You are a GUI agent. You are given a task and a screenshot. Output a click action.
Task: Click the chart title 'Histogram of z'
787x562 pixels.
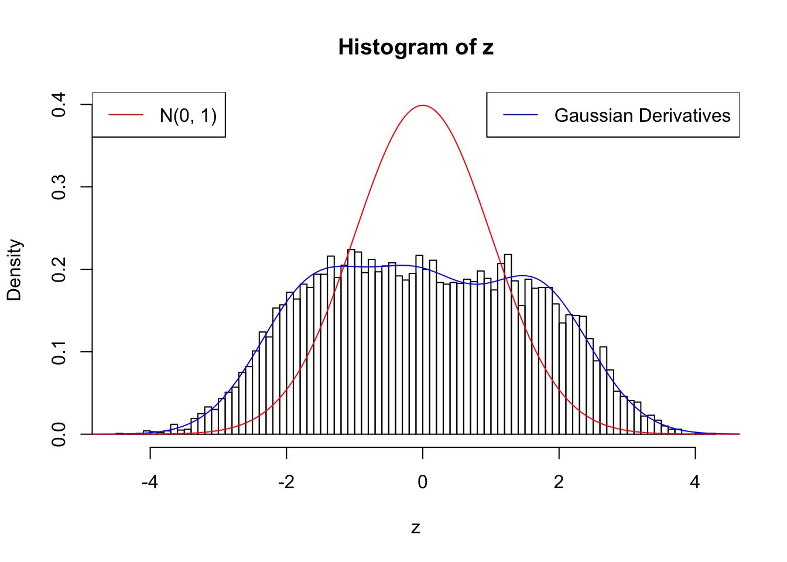pyautogui.click(x=416, y=47)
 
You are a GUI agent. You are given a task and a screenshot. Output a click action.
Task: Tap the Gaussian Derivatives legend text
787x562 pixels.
pyautogui.click(x=642, y=115)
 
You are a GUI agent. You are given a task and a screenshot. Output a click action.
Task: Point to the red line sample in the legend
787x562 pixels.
pyautogui.click(x=126, y=115)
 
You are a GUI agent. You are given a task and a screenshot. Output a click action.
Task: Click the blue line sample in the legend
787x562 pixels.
pyautogui.click(x=521, y=115)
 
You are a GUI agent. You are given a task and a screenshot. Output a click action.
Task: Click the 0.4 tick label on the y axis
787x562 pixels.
pyautogui.click(x=59, y=104)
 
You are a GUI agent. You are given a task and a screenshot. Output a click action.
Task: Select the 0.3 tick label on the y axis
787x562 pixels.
pyautogui.click(x=59, y=187)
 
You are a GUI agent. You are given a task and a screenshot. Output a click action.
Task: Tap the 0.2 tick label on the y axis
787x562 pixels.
pyautogui.click(x=59, y=269)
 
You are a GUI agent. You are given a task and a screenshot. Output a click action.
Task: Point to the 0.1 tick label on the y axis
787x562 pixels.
pyautogui.click(x=59, y=352)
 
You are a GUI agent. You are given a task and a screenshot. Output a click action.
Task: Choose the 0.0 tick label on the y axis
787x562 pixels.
pyautogui.click(x=59, y=434)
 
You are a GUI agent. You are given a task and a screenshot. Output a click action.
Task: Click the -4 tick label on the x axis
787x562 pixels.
pyautogui.click(x=150, y=482)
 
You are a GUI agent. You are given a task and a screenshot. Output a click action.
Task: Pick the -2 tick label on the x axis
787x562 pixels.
pyautogui.click(x=286, y=482)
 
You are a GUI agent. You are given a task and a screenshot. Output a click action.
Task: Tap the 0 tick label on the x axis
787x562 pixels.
pyautogui.click(x=423, y=482)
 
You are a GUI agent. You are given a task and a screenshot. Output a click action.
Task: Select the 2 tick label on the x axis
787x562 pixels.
pyautogui.click(x=559, y=482)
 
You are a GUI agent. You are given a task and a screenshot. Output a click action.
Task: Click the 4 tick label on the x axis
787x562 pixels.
pyautogui.click(x=695, y=482)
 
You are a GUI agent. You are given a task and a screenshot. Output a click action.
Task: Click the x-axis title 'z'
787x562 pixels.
pyautogui.click(x=416, y=528)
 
